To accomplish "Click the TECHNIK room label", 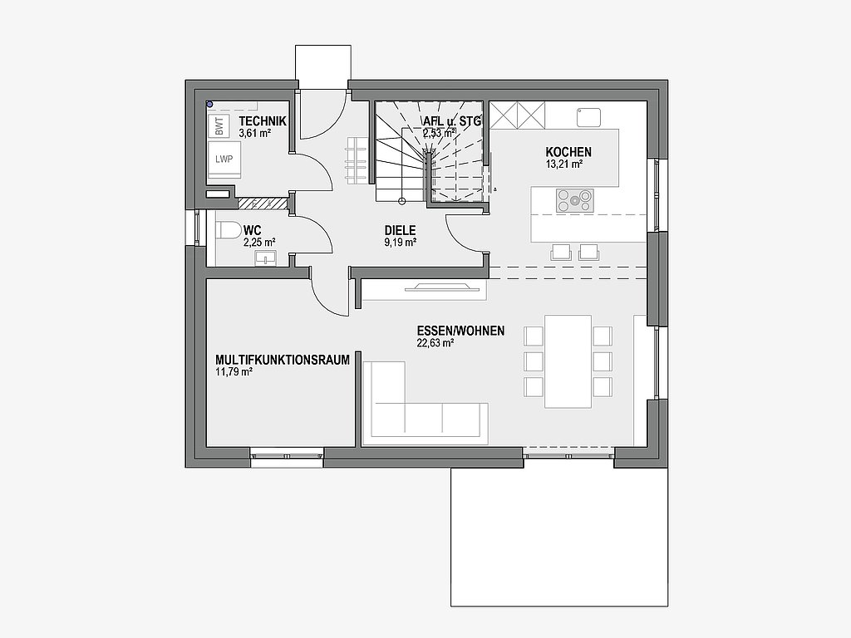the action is (263, 121).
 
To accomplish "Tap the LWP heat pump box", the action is (224, 159).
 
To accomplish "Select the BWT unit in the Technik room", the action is (219, 127).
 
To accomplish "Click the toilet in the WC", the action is (229, 231).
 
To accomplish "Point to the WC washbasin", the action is (266, 258).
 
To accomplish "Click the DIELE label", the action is (400, 231).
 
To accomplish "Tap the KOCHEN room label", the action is (568, 152).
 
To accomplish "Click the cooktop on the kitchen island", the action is (574, 200).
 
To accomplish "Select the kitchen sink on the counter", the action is (588, 117).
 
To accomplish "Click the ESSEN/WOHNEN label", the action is (460, 331).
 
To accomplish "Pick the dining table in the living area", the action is (568, 361).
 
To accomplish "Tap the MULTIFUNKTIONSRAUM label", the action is (283, 360).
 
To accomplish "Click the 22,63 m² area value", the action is (435, 342).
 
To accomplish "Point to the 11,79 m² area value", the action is (234, 371).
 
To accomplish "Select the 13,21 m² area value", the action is (564, 164).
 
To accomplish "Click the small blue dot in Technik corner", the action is (209, 104).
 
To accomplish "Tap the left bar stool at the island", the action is (561, 253).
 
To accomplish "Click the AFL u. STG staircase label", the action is (452, 121).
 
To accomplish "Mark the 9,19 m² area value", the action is (400, 243).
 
